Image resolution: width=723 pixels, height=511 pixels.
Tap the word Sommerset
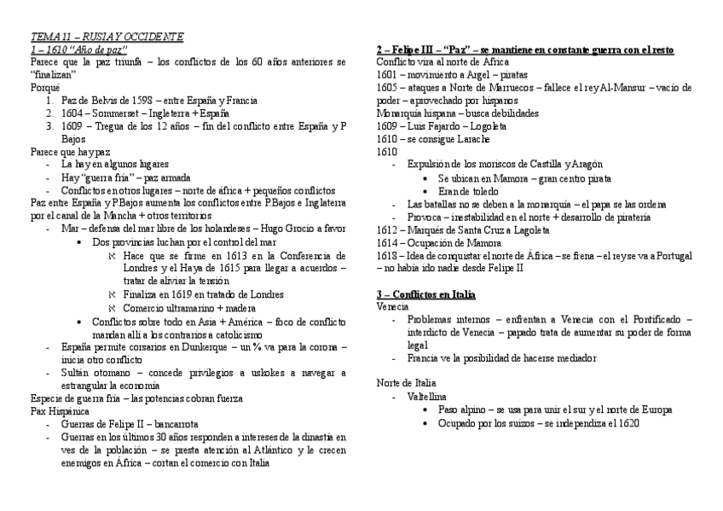(115, 113)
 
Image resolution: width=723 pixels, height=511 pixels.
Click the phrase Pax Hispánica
(60, 410)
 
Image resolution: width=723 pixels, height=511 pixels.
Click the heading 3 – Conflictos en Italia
(426, 293)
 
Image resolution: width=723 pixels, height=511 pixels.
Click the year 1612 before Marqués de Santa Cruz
(386, 229)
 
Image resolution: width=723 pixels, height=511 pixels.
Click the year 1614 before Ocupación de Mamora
(386, 242)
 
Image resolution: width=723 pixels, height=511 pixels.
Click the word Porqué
(45, 87)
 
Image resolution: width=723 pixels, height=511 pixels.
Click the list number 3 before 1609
(49, 125)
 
